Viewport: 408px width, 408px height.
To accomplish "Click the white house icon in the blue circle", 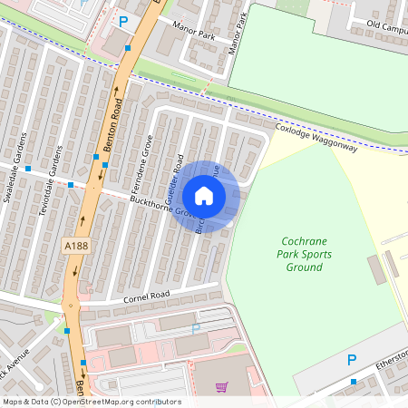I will coord(204,196).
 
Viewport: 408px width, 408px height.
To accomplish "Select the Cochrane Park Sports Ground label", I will coord(304,254).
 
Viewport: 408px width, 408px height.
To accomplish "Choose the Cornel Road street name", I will coord(144,296).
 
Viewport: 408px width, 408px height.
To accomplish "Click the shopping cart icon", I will coord(221,387).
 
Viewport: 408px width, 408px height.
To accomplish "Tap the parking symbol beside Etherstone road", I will coord(352,361).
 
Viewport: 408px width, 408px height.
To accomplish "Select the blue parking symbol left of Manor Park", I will coord(123,20).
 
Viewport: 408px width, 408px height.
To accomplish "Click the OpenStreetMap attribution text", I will coord(91,402).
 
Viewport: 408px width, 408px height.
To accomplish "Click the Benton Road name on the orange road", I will coord(115,122).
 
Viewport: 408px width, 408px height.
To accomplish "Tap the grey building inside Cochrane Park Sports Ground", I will coord(375,269).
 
